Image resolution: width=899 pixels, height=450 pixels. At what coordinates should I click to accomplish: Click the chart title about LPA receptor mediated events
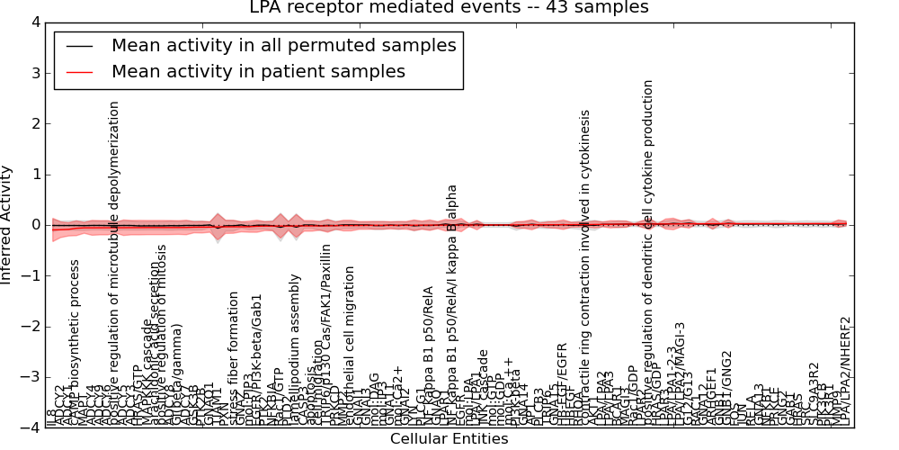pyautogui.click(x=449, y=8)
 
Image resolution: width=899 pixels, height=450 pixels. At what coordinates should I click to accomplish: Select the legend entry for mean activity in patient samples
pyautogui.click(x=258, y=71)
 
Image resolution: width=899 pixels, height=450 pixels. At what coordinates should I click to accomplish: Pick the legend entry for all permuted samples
pyautogui.click(x=283, y=45)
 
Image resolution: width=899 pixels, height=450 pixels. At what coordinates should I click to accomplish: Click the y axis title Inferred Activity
pyautogui.click(x=8, y=225)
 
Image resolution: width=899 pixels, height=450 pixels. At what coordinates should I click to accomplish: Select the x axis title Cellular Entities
pyautogui.click(x=449, y=439)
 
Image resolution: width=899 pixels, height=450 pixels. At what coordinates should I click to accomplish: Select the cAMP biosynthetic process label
pyautogui.click(x=76, y=342)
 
